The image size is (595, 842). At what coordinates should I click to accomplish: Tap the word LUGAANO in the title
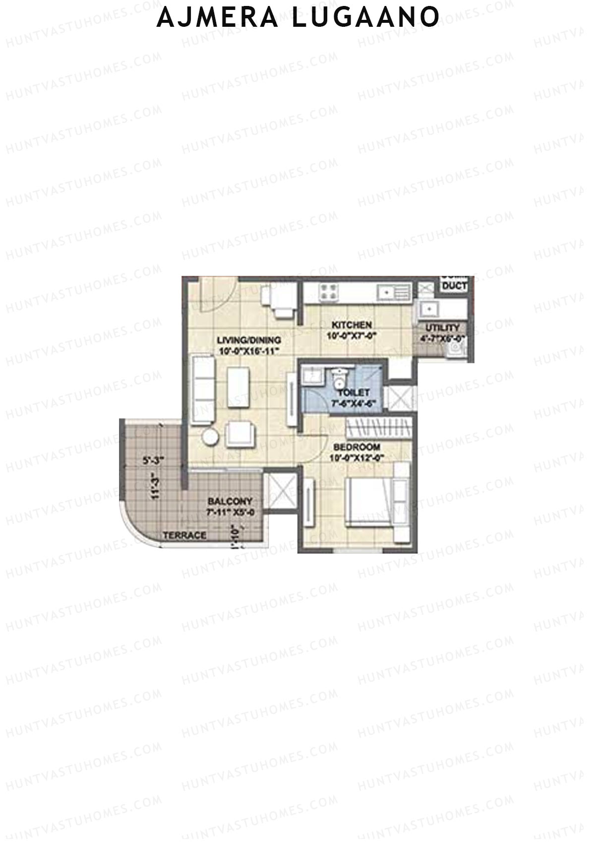[x=365, y=17]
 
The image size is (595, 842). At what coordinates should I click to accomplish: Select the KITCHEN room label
[x=352, y=325]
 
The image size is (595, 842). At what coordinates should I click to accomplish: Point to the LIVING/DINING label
[x=249, y=340]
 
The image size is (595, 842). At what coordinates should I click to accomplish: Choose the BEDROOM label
[x=357, y=447]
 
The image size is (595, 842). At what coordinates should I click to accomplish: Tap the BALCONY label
[x=230, y=502]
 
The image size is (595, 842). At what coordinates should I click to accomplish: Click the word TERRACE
[x=184, y=535]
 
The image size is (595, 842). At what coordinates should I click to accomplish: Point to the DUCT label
[x=454, y=286]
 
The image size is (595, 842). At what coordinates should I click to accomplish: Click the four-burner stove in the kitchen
[x=328, y=292]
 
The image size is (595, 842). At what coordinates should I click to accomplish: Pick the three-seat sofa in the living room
[x=202, y=389]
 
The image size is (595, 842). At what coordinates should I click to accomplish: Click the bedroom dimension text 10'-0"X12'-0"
[x=357, y=457]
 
